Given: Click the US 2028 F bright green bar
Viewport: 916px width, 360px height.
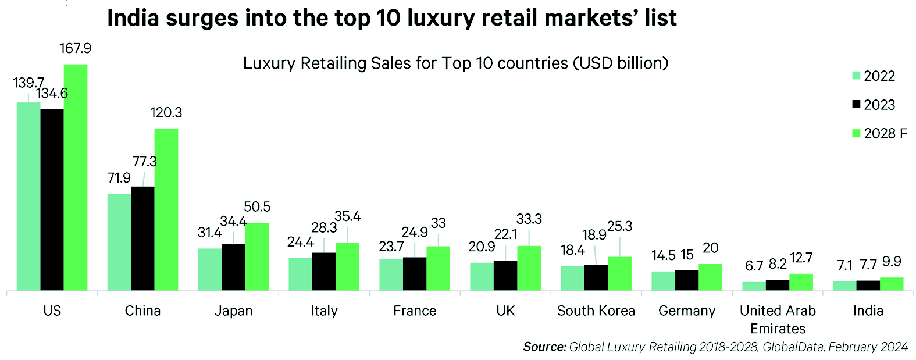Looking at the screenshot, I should point(76,177).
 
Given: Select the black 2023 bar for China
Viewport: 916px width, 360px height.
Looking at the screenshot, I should point(142,238).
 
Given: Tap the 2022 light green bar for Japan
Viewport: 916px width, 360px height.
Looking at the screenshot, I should point(210,269).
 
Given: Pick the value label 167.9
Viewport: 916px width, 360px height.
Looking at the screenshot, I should point(76,48).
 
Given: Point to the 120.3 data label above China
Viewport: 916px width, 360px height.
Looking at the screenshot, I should point(166,112).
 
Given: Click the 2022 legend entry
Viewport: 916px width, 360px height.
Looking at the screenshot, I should point(873,76).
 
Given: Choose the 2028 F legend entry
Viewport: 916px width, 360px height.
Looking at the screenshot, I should point(879,134).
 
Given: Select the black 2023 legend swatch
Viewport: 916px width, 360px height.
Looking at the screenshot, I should point(856,105).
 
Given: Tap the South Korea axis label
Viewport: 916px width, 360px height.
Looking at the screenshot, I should point(596,311).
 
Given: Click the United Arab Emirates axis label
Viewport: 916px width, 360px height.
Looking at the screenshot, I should point(778,319).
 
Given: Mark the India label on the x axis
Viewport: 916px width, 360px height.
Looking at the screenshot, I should point(868,311).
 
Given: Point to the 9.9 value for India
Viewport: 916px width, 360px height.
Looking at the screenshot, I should point(892,262).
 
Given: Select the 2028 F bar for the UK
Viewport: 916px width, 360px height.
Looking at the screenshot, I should point(529,268).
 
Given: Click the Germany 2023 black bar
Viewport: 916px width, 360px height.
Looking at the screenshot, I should point(687,280).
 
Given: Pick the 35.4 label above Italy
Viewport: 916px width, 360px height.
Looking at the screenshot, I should point(348,217).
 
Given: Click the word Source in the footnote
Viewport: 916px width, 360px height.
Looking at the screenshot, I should point(544,347).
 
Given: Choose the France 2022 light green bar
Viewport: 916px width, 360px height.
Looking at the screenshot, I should point(391,275).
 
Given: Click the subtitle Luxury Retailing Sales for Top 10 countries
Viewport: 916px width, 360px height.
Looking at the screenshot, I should point(455,63).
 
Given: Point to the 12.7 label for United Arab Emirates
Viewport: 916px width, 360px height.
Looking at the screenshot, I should point(801,258).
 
